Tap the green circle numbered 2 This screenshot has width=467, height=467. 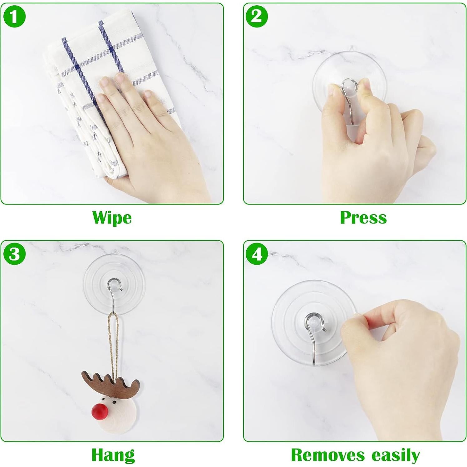tap(257, 17)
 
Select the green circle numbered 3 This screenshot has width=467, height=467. tap(14, 254)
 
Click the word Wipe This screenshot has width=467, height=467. tap(112, 218)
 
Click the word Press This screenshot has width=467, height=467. tap(363, 218)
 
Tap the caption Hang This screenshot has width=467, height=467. tap(113, 455)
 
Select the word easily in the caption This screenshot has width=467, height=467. tap(396, 455)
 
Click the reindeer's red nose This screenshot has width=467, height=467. tap(100, 412)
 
